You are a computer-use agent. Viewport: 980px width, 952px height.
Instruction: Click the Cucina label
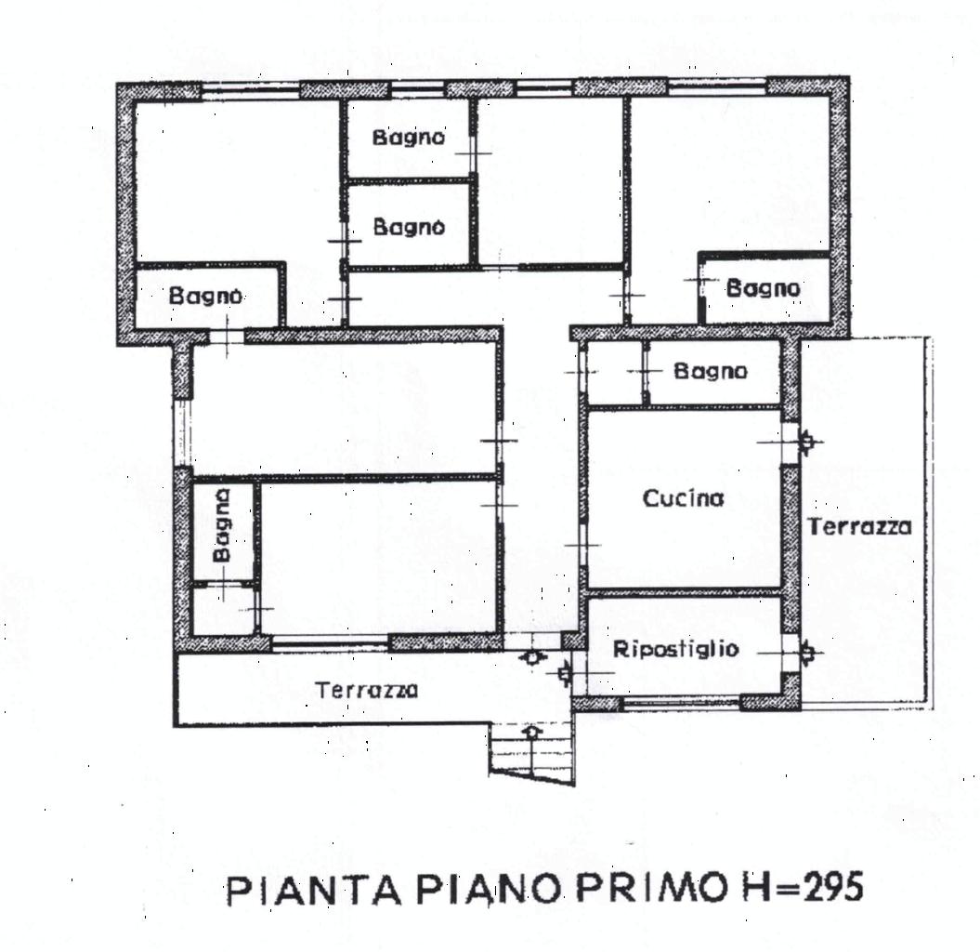[x=683, y=498]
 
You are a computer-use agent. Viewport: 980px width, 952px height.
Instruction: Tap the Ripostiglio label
[x=675, y=649]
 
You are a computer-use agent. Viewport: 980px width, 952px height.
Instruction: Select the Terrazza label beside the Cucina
[x=860, y=526]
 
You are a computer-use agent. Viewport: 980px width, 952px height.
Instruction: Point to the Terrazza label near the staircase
[x=367, y=690]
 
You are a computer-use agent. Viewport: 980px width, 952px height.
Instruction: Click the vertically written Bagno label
[x=222, y=525]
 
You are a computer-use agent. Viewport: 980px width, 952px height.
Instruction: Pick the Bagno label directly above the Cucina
[x=711, y=371]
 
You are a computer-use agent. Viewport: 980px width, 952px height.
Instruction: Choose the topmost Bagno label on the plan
[x=409, y=137]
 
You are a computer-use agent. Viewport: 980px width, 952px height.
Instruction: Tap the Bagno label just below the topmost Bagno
[x=409, y=227]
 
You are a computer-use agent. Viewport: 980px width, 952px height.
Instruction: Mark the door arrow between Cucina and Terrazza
[x=807, y=442]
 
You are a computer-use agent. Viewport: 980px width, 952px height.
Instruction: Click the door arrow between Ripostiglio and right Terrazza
[x=807, y=653]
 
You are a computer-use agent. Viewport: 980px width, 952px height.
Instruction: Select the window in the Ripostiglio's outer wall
[x=681, y=703]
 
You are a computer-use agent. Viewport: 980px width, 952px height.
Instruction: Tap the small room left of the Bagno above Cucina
[x=616, y=373]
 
